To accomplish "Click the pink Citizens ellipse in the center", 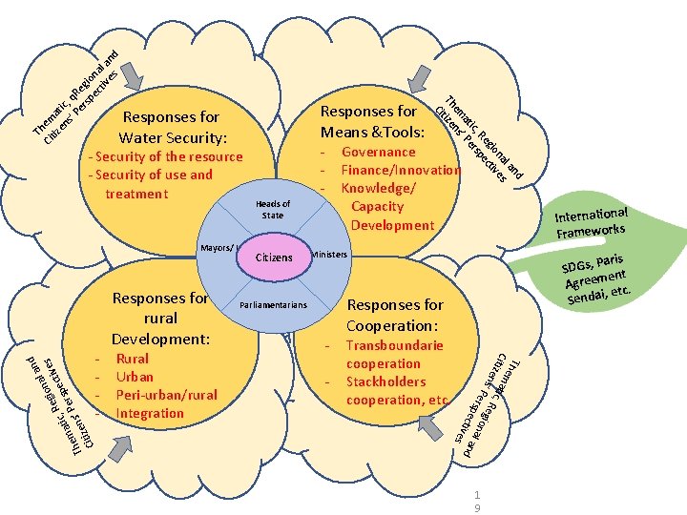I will pyautogui.click(x=276, y=257).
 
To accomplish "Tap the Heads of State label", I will pyautogui.click(x=273, y=210).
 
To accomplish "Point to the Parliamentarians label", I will pyautogui.click(x=273, y=305).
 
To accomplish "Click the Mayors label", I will pyautogui.click(x=218, y=248).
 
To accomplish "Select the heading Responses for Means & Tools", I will pyautogui.click(x=370, y=121).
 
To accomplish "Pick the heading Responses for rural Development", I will pyautogui.click(x=159, y=319).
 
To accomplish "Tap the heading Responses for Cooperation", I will pyautogui.click(x=394, y=316).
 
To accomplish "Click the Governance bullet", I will pyautogui.click(x=378, y=152).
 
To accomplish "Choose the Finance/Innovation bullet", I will pyautogui.click(x=401, y=170).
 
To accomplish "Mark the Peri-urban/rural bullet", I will pyautogui.click(x=166, y=395).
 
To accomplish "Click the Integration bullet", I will pyautogui.click(x=150, y=413).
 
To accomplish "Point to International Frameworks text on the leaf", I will pyautogui.click(x=592, y=222).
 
